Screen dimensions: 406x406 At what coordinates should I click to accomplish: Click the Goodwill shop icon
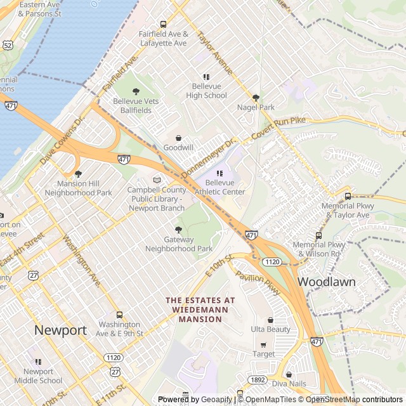(x=178, y=138)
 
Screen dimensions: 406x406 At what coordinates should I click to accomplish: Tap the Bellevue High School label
(x=206, y=91)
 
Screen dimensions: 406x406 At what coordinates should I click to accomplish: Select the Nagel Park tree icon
(x=256, y=98)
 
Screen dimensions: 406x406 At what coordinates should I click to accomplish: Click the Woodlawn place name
(x=326, y=281)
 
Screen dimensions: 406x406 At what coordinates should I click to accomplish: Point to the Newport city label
(x=60, y=330)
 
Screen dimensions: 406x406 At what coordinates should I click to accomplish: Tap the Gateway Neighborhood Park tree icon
(x=178, y=230)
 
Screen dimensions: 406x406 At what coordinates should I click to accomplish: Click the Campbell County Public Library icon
(x=157, y=180)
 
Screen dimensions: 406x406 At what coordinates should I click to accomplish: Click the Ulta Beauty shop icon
(x=270, y=320)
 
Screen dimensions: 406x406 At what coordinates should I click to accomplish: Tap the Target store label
(x=264, y=354)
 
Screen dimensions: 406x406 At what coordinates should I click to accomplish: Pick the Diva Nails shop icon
(x=289, y=374)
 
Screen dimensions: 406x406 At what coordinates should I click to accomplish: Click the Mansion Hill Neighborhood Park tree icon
(x=78, y=174)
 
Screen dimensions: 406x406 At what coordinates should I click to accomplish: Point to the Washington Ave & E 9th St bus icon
(x=119, y=315)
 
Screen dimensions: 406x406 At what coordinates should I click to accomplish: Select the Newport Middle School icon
(x=38, y=362)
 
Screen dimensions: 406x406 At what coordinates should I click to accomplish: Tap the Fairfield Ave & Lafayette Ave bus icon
(x=163, y=25)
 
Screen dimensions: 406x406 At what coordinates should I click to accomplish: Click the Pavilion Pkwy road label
(x=257, y=283)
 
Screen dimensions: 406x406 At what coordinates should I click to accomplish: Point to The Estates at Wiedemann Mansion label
(x=200, y=310)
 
